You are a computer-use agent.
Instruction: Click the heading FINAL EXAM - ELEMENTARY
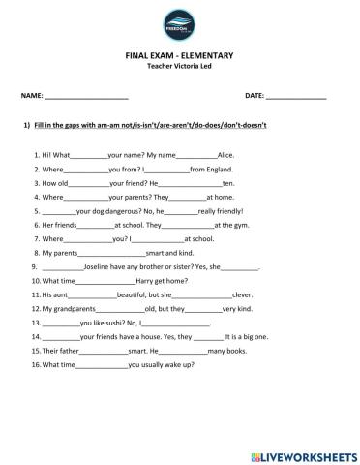(x=179, y=57)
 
